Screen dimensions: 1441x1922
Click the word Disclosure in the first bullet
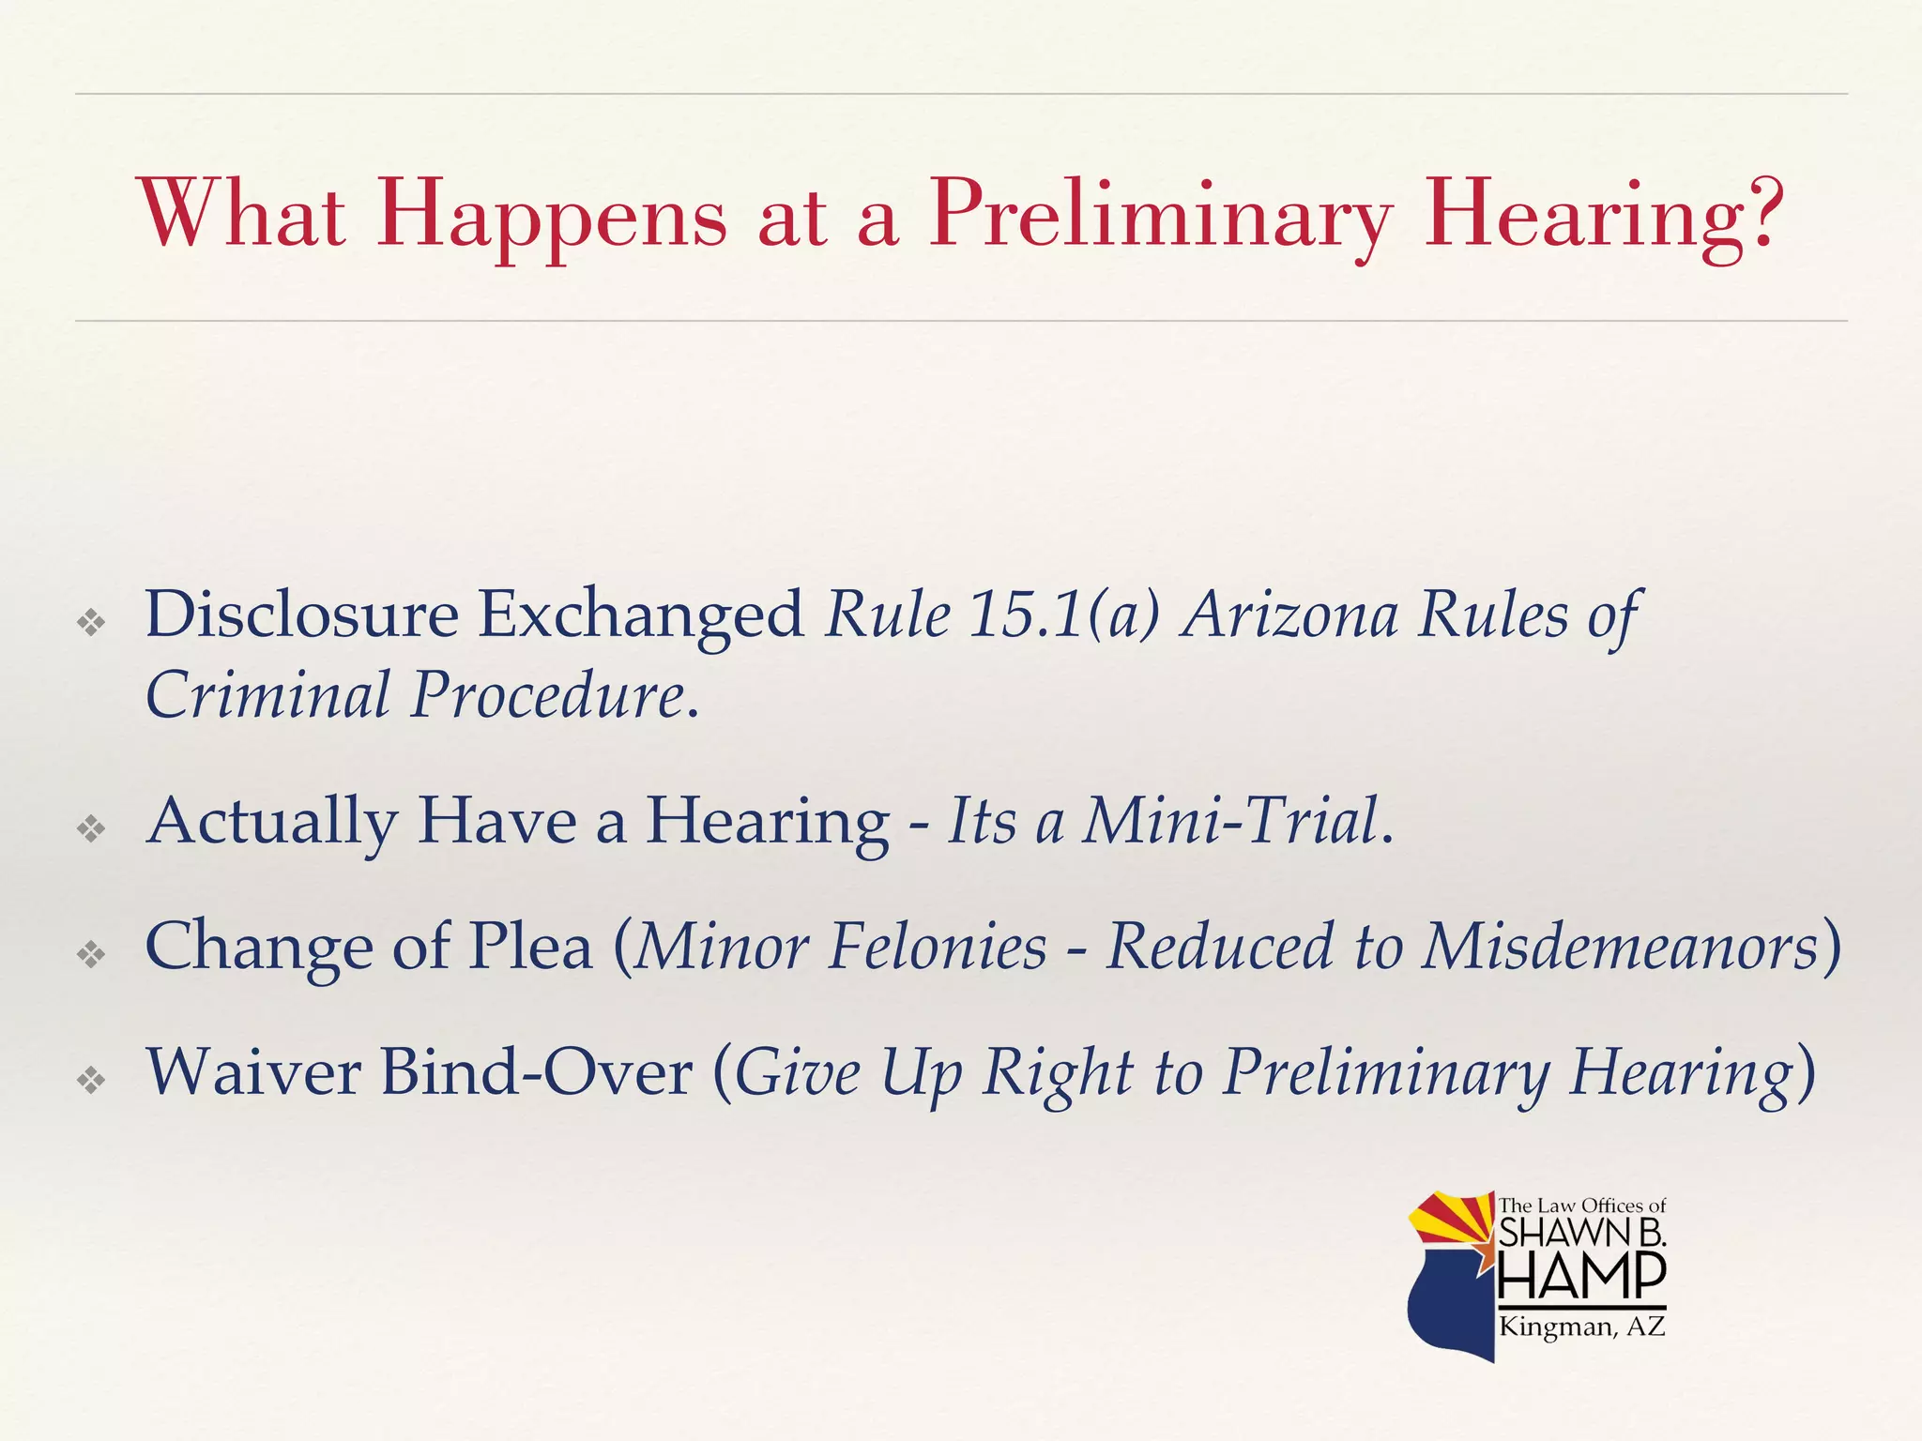[301, 614]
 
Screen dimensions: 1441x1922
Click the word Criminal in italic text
[267, 695]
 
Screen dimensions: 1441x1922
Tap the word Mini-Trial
[1229, 821]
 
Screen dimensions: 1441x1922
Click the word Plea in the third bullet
[530, 946]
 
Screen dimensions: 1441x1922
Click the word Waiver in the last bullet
[252, 1071]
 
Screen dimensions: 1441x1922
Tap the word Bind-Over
[536, 1071]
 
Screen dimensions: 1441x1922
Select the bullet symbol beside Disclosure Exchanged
[92, 621]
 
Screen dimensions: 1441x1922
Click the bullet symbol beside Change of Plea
[92, 954]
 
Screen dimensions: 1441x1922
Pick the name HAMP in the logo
[1581, 1276]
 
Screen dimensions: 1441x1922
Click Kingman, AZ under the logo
[1581, 1327]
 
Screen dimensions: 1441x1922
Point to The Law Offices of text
[1581, 1206]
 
